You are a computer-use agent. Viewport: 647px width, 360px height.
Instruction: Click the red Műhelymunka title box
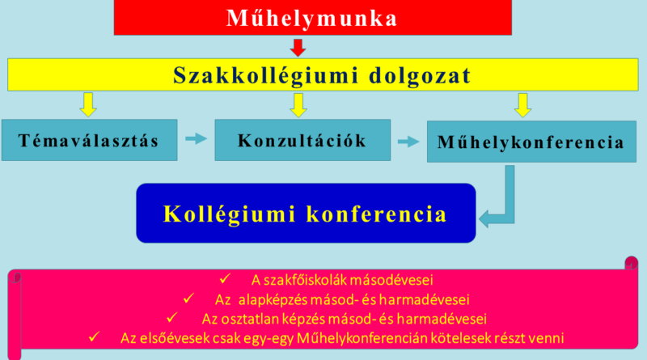313,17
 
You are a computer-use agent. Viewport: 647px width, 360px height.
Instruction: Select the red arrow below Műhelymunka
298,48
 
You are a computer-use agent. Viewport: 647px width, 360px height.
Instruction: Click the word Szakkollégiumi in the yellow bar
266,75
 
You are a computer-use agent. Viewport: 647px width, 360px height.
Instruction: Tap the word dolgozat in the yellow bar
420,76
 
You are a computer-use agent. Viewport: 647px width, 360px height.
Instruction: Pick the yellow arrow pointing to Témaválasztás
88,105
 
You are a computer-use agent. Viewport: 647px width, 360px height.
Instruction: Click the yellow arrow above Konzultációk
298,105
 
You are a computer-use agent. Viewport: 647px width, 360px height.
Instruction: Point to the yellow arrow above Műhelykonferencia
522,105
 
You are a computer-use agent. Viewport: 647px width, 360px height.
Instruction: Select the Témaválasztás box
90,140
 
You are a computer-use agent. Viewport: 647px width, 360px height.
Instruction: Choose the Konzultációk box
302,140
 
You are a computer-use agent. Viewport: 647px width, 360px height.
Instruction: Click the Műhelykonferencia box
531,142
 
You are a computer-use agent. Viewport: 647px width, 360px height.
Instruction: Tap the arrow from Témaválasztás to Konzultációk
196,138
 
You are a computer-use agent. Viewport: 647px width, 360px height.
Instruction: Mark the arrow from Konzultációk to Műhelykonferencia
408,142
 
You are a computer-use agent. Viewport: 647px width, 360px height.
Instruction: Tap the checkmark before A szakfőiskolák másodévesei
226,278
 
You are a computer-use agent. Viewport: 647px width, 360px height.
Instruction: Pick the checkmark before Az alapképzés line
189,298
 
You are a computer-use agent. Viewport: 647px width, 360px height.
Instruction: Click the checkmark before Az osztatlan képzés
172,317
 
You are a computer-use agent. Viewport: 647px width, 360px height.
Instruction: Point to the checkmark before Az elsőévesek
94,337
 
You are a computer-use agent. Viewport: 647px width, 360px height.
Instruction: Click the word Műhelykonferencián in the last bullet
362,338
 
